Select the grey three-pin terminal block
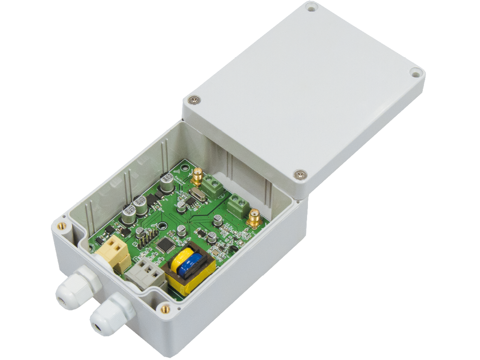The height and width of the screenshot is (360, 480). [146, 276]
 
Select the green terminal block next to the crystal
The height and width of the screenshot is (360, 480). [215, 186]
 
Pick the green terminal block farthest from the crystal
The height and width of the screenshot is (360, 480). [238, 207]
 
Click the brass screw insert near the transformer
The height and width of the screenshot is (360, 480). [165, 308]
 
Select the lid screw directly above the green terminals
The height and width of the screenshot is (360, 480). [300, 175]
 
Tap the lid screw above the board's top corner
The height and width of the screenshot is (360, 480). [194, 99]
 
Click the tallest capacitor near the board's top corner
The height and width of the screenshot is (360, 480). [166, 182]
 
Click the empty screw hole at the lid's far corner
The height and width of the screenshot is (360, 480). [311, 7]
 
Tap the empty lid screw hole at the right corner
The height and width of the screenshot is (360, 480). [415, 73]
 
